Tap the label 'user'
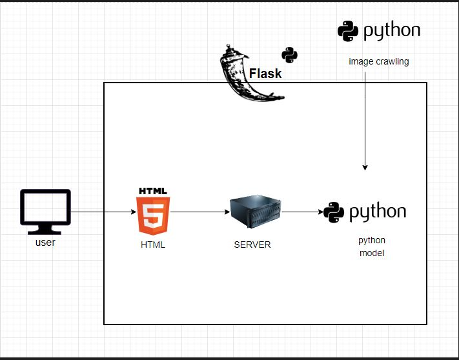[x=45, y=243]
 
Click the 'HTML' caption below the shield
[x=153, y=245]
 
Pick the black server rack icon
[x=256, y=211]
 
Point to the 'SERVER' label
[x=252, y=245]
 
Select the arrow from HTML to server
[x=200, y=211]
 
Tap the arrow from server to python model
[x=301, y=211]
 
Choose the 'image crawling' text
[x=379, y=62]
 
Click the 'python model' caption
[x=371, y=246]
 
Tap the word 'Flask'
[x=265, y=74]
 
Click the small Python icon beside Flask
[x=289, y=55]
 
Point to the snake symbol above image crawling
[x=348, y=30]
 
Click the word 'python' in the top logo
[x=391, y=31]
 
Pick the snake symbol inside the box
[x=334, y=212]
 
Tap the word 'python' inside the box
[x=378, y=212]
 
